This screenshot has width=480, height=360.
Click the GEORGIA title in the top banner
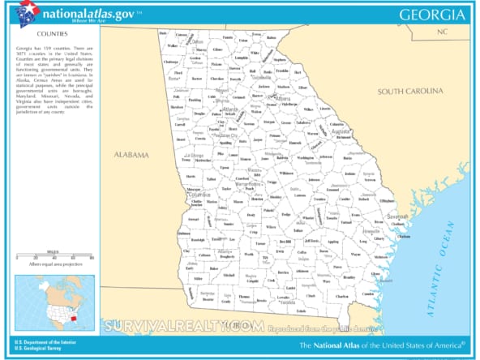432,15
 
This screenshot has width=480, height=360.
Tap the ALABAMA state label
131,154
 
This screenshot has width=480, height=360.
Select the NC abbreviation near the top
442,32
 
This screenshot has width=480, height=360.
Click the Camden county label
368,293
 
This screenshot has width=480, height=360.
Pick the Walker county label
173,47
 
